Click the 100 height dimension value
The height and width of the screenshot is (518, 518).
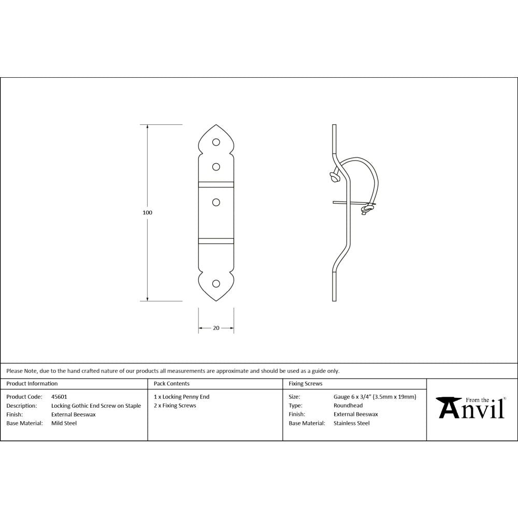point(147,212)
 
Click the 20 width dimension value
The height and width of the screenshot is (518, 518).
point(216,328)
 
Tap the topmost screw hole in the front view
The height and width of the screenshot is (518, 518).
point(216,141)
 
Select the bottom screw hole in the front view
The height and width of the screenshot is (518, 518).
point(216,284)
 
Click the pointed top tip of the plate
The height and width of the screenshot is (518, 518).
point(216,125)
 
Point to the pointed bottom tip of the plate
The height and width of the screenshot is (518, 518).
point(216,300)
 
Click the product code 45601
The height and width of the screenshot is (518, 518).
point(59,397)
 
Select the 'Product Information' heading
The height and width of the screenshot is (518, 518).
point(32,384)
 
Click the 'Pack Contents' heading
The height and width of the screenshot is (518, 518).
point(171,384)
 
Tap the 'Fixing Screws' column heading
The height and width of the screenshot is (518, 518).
point(306,384)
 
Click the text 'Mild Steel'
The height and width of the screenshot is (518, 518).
point(64,423)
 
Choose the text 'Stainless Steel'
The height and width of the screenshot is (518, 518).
point(352,423)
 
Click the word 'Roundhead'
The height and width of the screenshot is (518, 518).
point(348,406)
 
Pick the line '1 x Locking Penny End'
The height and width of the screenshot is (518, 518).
point(182,397)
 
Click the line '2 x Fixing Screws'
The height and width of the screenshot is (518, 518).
point(175,406)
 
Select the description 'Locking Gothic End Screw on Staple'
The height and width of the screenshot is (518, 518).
point(96,406)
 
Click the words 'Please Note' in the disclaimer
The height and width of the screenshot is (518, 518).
point(21,371)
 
